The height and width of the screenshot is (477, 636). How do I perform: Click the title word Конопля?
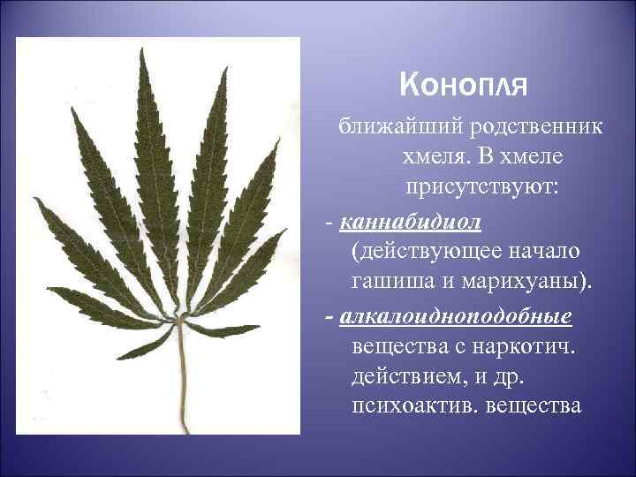point(463,86)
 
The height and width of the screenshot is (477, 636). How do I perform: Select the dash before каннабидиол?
point(329,219)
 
